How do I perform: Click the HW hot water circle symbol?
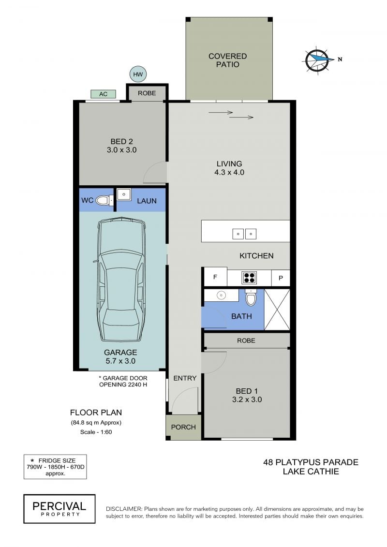138,74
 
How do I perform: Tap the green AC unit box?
104,94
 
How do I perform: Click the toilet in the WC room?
104,200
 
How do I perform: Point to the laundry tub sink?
123,194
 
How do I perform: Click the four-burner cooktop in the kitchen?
249,278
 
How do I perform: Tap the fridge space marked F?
215,277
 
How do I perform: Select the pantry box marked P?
281,278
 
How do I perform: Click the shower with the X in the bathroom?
277,310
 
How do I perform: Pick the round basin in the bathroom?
221,295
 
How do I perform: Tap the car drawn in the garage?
121,279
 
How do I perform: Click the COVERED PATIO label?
227,60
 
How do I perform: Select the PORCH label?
183,427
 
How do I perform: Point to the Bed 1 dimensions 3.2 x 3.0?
247,400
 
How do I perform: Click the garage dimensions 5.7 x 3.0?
120,361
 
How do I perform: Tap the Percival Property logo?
60,509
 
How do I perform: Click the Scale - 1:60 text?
96,432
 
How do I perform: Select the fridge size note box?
55,467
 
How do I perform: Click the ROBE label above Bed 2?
147,93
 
